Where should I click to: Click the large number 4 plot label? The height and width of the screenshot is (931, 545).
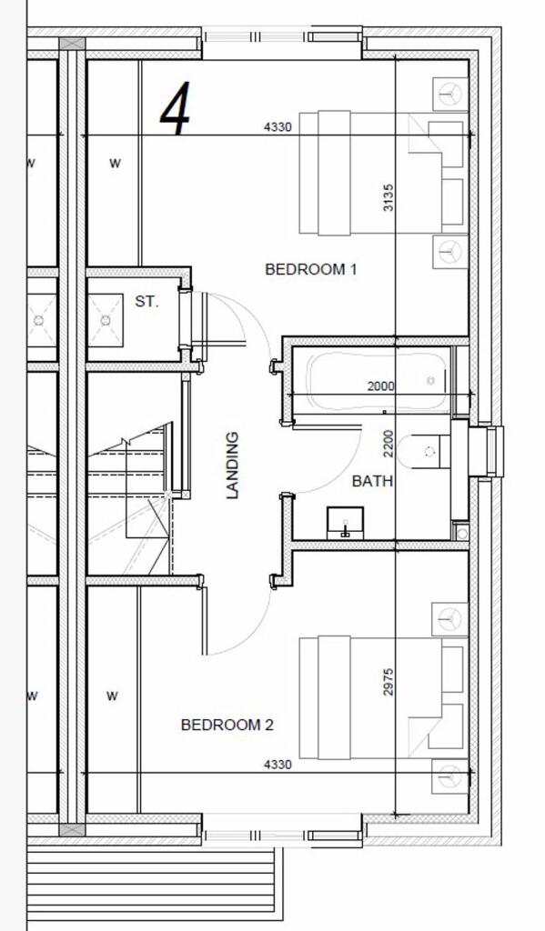coord(175,109)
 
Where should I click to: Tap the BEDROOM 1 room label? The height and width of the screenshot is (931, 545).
coord(310,269)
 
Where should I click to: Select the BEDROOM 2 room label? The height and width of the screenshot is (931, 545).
coord(227,725)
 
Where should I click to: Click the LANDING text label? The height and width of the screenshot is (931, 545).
coord(233,465)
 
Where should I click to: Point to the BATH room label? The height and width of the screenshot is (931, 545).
coord(372,481)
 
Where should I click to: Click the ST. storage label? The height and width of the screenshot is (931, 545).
coord(146,301)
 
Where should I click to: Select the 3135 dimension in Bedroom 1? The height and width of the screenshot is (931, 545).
coord(389,197)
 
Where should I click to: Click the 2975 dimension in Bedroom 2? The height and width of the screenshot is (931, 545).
coord(389,682)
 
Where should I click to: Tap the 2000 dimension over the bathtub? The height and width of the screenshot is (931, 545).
coord(380,386)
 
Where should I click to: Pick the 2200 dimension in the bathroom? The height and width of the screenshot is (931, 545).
coord(389,445)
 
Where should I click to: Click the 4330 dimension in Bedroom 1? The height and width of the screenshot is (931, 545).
coord(278,127)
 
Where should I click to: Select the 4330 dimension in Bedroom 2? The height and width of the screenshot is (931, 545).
coord(278,765)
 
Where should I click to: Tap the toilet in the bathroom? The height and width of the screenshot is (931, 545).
coord(428,451)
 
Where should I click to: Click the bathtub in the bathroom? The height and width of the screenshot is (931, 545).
coord(376,379)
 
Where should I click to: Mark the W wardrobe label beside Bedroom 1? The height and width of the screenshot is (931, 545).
coord(115,164)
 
